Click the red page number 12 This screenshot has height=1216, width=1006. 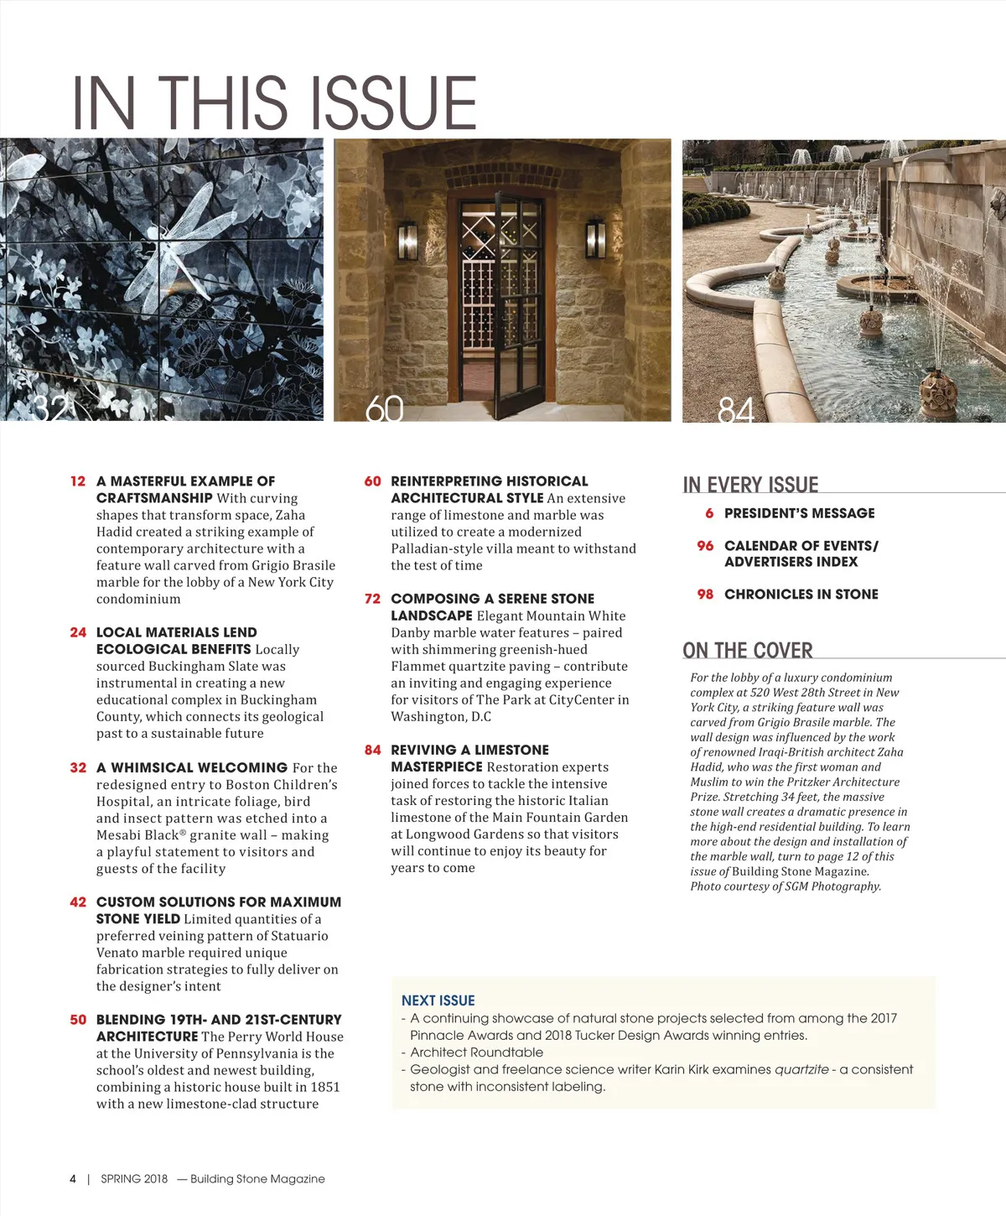coord(78,481)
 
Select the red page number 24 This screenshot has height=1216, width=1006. coord(78,632)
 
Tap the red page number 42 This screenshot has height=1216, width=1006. coord(78,902)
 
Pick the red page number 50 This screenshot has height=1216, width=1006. coord(78,1020)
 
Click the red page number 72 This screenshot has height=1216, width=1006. coord(372,599)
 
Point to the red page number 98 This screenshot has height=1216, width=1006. coord(705,595)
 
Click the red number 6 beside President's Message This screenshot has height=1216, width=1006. coord(709,513)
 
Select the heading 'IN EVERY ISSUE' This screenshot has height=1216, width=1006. coord(750,485)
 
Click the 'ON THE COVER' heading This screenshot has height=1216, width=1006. coord(748,651)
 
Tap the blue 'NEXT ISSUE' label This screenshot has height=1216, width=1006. coord(438,1000)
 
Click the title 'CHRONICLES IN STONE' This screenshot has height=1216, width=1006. coord(801,595)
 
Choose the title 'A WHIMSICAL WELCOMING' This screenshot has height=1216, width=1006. coord(192,767)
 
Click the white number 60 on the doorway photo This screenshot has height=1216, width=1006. coord(385,408)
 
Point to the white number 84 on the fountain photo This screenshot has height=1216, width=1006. coord(736,410)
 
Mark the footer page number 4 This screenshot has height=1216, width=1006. coord(73,1179)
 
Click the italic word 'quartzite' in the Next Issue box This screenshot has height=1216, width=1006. coord(801,1069)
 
